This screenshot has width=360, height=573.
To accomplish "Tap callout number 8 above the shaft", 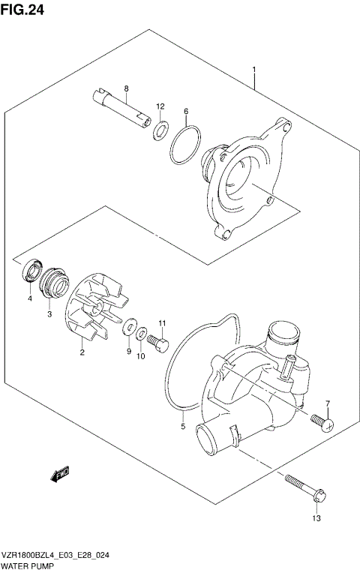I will pos(126,89).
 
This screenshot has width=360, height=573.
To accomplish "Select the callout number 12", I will pos(160,106).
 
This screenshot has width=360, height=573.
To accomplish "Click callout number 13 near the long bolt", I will pos(316,517).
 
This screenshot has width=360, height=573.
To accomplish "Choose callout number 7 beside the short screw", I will pos(328,405).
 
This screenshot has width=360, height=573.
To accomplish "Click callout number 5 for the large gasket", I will pos(182,427).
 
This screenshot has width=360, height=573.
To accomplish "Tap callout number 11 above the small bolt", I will pos(160,323).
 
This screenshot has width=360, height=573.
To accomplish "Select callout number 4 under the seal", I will pos(29,298).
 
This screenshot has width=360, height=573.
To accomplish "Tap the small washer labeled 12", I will pos(160,131).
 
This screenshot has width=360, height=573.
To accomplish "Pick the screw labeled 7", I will pos(322,424).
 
